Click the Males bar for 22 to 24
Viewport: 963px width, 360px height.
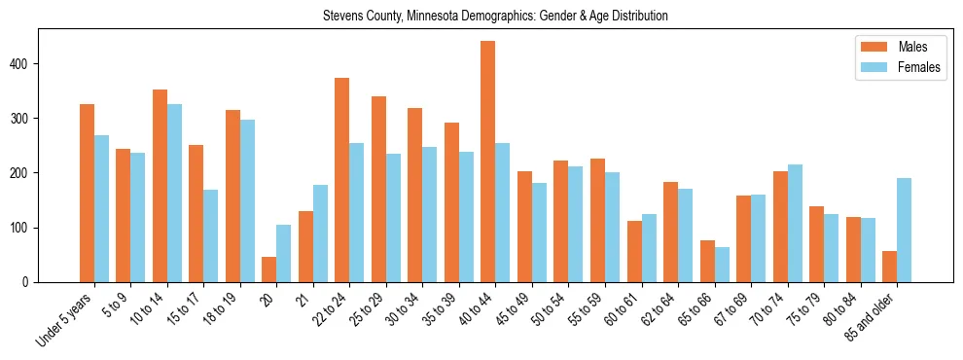tap(342, 180)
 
